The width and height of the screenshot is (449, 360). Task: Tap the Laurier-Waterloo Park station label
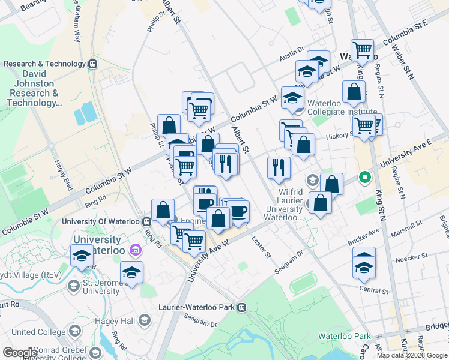click(198, 307)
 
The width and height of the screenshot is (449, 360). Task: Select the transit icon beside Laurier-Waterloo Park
click(242, 308)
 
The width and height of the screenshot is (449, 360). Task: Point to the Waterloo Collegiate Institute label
click(342, 111)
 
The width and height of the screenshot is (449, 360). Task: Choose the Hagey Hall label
click(116, 321)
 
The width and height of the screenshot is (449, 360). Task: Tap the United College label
click(40, 332)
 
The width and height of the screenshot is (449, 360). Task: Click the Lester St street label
click(264, 249)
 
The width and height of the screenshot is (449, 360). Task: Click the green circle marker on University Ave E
click(364, 178)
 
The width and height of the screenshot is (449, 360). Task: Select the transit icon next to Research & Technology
click(92, 64)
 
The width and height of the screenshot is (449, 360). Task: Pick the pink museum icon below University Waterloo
click(135, 249)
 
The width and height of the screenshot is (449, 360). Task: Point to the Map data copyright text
click(412, 356)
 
